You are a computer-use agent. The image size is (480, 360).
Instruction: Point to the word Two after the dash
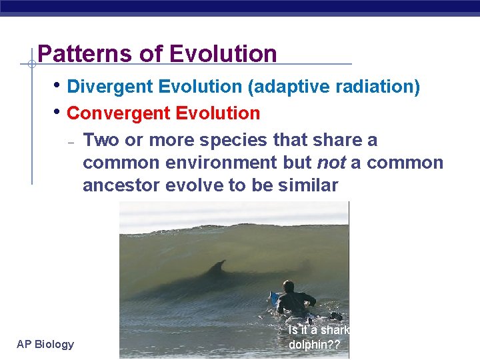click(100, 140)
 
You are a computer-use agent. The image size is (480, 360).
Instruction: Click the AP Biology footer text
click(45, 344)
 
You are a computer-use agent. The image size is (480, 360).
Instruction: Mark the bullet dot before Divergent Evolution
click(59, 85)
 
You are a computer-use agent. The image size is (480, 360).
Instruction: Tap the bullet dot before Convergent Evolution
click(59, 112)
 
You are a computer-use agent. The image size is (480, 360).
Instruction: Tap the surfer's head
click(289, 286)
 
